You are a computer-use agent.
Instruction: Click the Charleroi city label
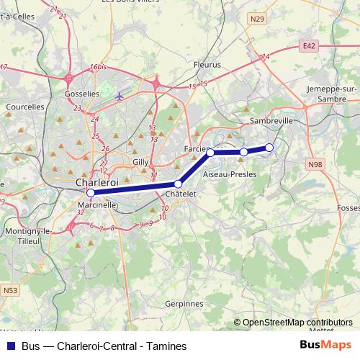tap(96, 183)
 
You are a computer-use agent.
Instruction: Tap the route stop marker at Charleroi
tap(90, 193)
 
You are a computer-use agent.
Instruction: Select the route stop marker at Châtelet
tap(178, 184)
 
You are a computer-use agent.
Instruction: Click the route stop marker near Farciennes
tap(210, 153)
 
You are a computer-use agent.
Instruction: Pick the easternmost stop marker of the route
tap(269, 148)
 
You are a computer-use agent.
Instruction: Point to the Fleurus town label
tap(207, 65)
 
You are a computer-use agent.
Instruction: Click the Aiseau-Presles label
tap(230, 175)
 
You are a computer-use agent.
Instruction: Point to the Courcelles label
tap(25, 107)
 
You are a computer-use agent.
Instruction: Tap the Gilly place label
tap(140, 163)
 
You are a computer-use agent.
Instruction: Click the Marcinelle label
tap(96, 204)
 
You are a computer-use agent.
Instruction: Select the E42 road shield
tap(309, 45)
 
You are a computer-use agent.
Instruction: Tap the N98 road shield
tap(315, 164)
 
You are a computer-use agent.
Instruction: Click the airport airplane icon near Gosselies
tap(120, 96)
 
